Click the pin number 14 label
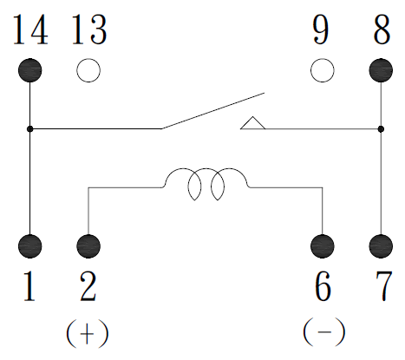[x=30, y=29]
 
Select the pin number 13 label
[x=89, y=29]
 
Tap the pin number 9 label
[x=321, y=29]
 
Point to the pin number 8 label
[x=382, y=29]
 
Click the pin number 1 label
[x=29, y=286]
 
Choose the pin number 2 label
[x=88, y=286]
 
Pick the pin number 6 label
[x=323, y=286]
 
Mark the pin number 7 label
[x=384, y=286]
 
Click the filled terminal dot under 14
[x=30, y=70]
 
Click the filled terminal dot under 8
[x=381, y=70]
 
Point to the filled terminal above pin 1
[x=30, y=246]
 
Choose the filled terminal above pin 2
[x=88, y=246]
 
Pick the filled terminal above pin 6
[x=323, y=246]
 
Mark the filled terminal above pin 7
[x=381, y=246]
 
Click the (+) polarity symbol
[x=88, y=333]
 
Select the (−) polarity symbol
[x=324, y=332]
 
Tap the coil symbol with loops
[x=206, y=168]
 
